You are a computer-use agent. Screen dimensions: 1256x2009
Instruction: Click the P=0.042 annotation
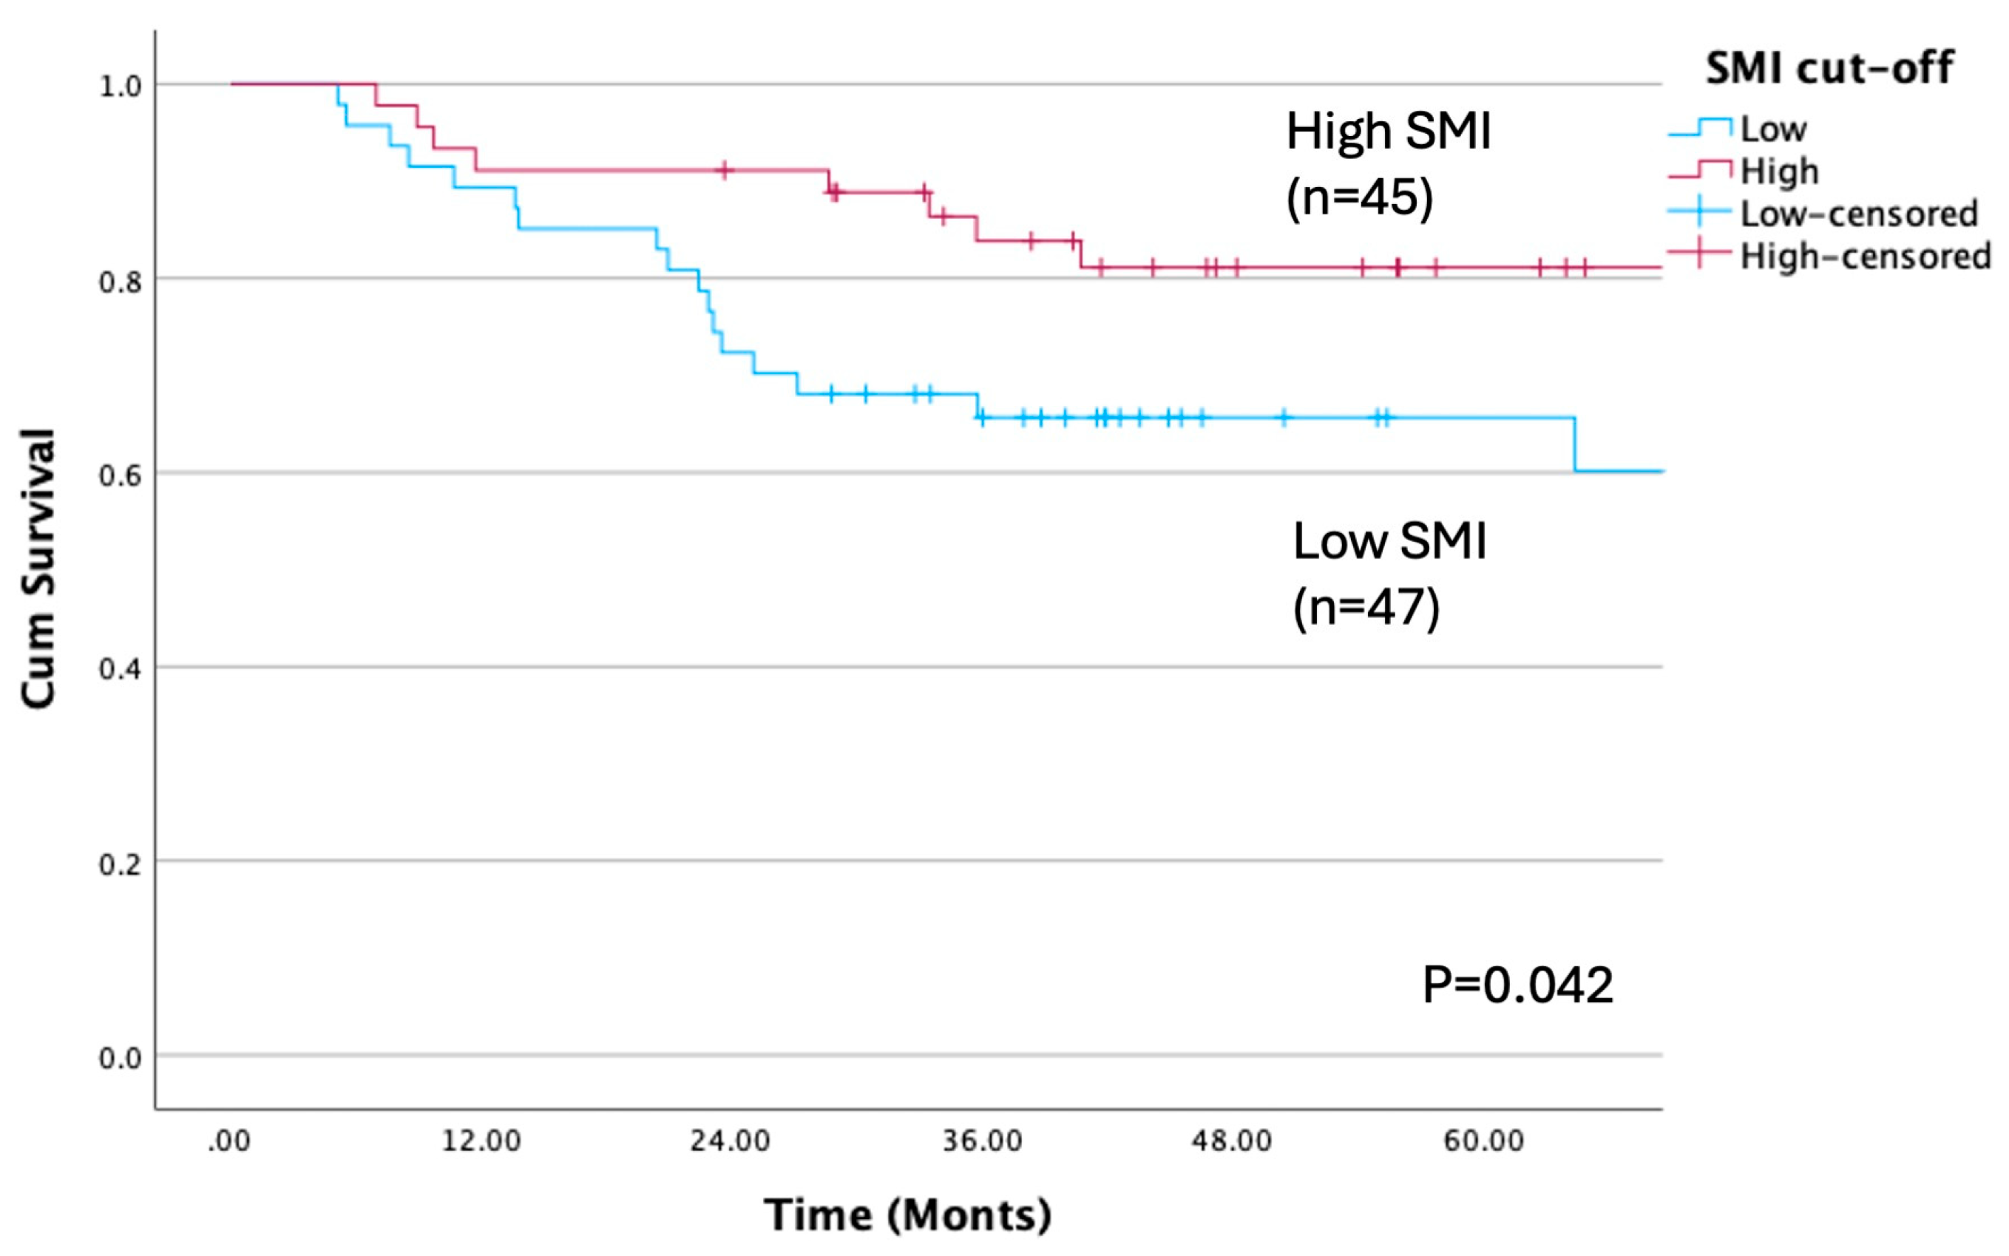[1517, 985]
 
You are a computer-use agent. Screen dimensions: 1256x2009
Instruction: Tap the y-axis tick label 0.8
[121, 282]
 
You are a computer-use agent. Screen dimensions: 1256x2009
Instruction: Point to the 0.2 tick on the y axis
[121, 864]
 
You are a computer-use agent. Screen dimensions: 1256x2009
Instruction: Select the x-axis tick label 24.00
[730, 1141]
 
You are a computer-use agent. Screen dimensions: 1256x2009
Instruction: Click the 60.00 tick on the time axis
[1483, 1141]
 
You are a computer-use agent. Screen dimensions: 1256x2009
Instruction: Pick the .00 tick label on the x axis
[228, 1141]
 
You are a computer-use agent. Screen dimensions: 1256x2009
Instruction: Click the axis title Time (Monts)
[907, 1215]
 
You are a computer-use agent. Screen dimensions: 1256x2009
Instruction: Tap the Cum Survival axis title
[38, 569]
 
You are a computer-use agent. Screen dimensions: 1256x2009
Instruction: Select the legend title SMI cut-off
[1829, 67]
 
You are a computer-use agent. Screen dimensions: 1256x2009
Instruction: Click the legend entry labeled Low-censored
[1859, 214]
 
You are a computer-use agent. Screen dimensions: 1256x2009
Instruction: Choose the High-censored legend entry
[1866, 256]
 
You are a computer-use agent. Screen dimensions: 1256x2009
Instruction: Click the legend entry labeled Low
[1773, 129]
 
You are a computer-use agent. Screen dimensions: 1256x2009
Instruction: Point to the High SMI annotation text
[1389, 132]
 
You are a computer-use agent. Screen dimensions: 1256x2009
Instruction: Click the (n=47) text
[1366, 607]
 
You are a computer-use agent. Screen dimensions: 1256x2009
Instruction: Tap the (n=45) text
[1359, 197]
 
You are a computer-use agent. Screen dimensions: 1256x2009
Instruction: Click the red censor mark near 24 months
[725, 170]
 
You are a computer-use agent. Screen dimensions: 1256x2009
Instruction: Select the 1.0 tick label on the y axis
[121, 86]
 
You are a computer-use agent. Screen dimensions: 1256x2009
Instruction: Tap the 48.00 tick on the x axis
[1231, 1141]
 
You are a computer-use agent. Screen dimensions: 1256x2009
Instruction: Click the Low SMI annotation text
[1389, 541]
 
